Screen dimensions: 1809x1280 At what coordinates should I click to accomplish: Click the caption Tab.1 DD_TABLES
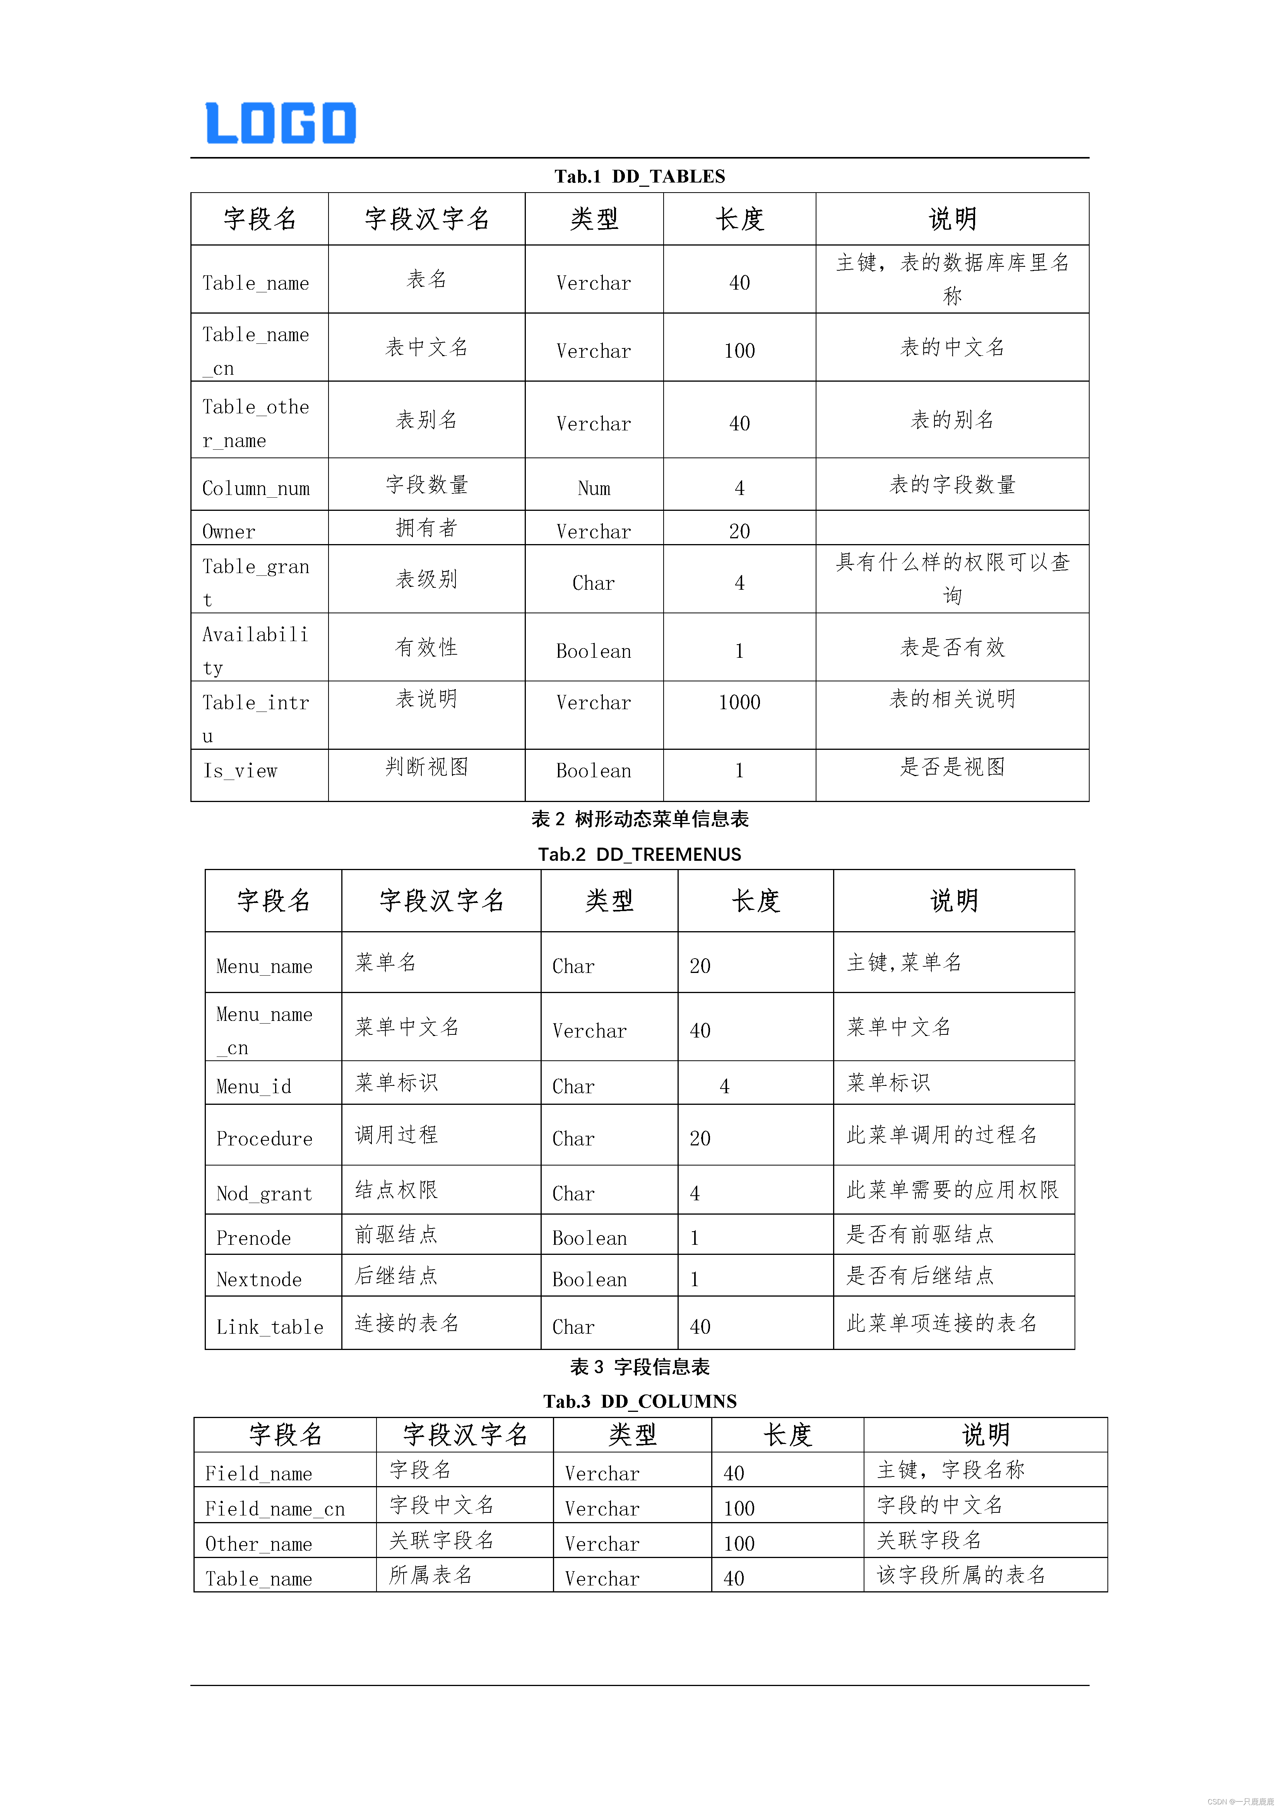click(x=639, y=176)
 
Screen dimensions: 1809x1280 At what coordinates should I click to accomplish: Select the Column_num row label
click(x=256, y=488)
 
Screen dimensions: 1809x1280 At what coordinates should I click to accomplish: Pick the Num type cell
click(x=594, y=488)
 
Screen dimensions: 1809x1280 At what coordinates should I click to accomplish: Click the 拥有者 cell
click(x=426, y=528)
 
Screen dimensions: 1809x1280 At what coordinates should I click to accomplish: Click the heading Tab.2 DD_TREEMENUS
click(x=639, y=854)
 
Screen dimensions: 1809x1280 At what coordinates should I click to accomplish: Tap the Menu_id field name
click(x=254, y=1087)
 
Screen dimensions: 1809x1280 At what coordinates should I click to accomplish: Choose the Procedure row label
click(x=264, y=1138)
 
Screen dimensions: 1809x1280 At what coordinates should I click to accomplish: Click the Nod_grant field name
click(x=264, y=1194)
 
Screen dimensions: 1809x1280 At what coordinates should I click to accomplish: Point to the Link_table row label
click(x=270, y=1327)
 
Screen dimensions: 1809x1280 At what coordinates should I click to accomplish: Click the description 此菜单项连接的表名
click(x=942, y=1323)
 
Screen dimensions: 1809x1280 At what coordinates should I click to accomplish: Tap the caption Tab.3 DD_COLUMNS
click(x=639, y=1401)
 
